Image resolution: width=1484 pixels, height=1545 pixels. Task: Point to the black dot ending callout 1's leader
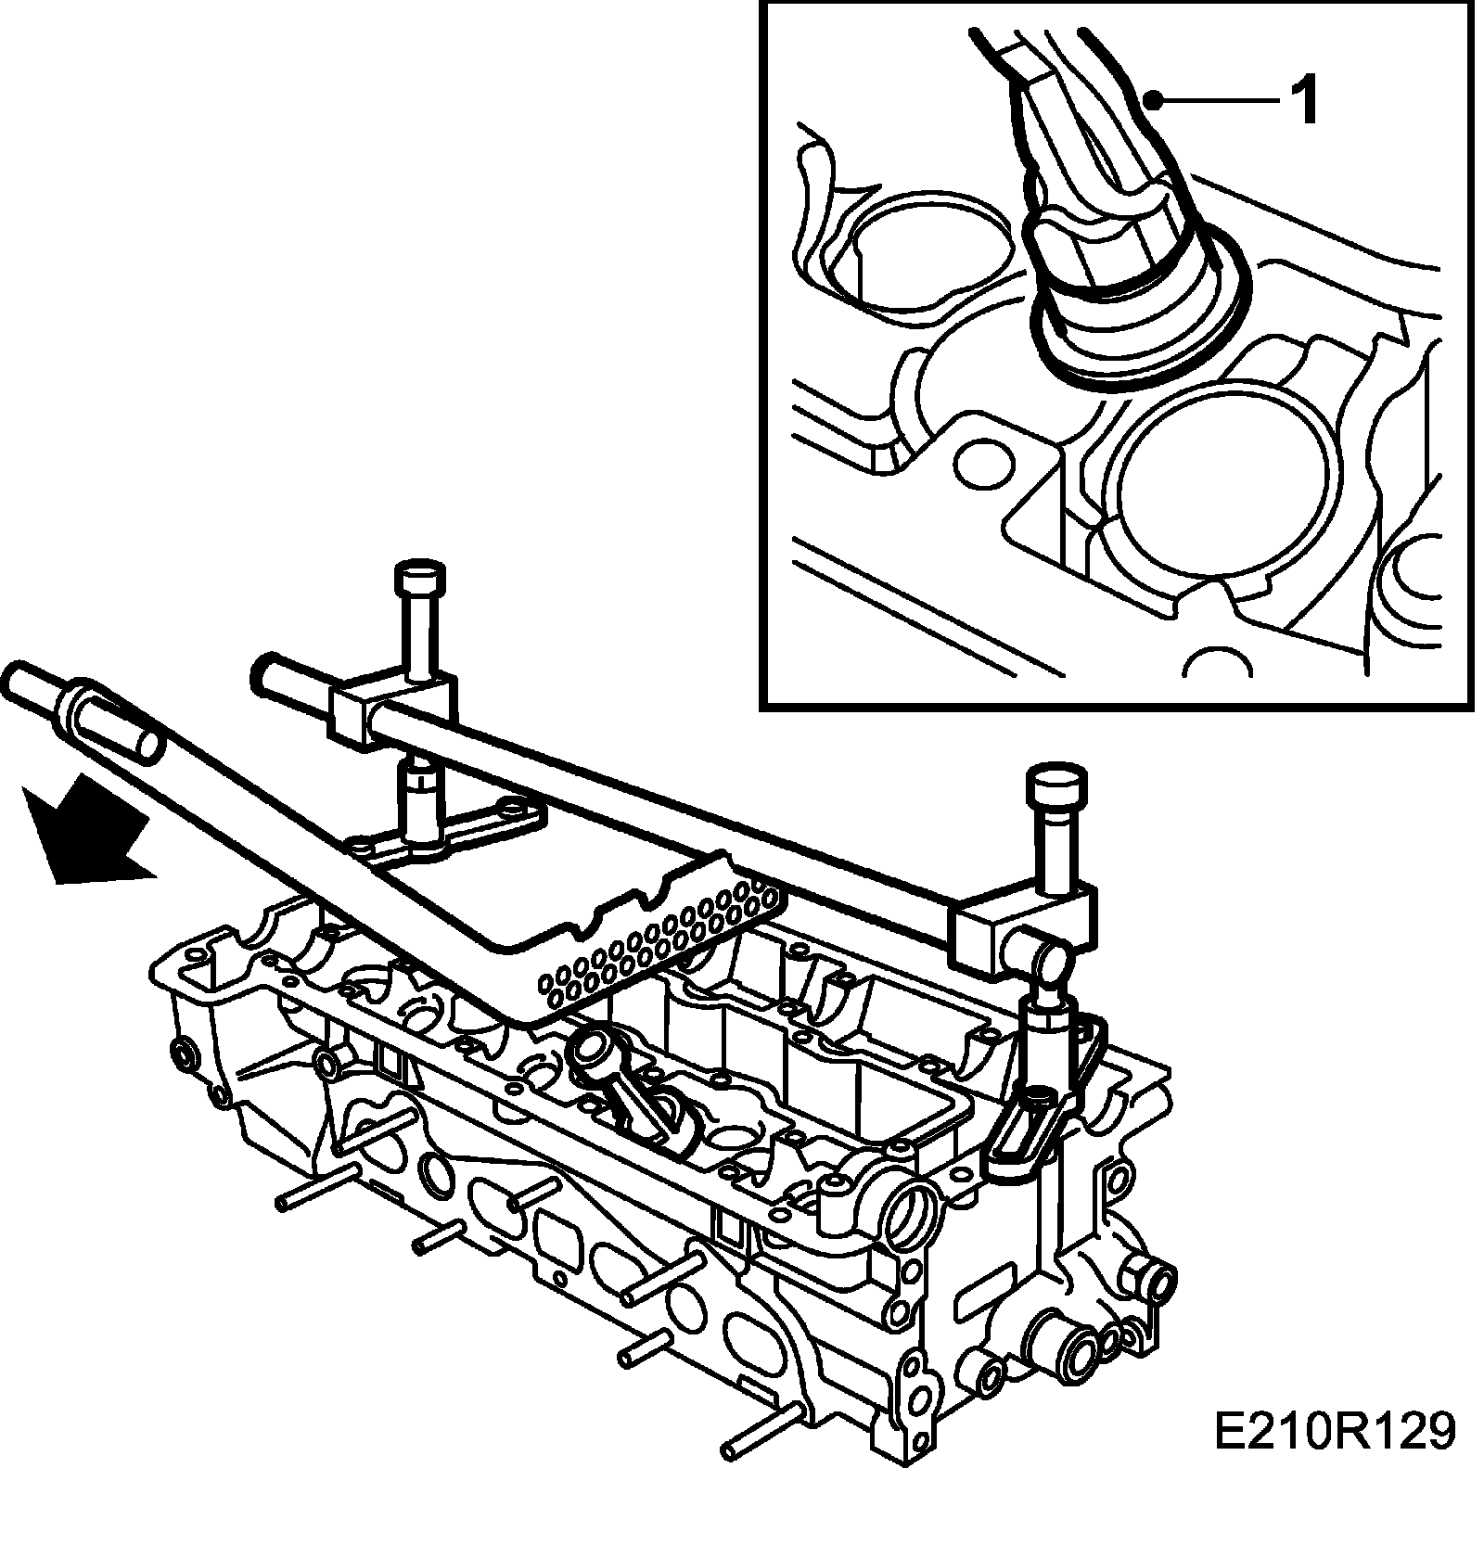pyautogui.click(x=1153, y=100)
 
